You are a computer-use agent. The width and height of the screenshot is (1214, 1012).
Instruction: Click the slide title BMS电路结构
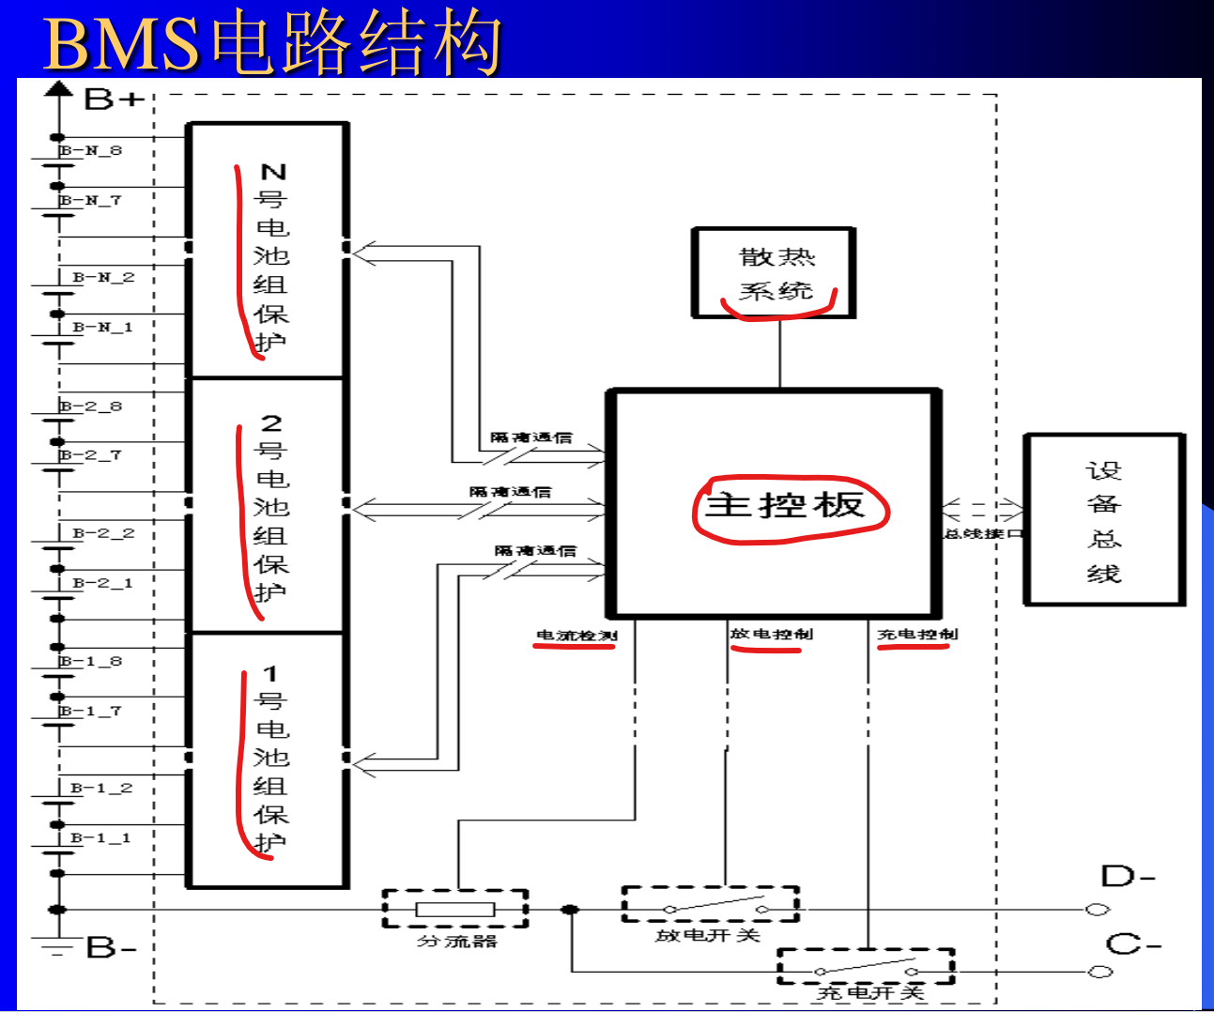pos(271,42)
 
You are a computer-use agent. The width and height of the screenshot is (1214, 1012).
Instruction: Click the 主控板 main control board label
pos(784,505)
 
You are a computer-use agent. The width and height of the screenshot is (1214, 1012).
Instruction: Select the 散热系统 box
pos(774,273)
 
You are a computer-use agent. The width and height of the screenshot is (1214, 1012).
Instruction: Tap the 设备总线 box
pos(1103,520)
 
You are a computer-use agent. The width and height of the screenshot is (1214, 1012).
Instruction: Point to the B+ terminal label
pos(114,99)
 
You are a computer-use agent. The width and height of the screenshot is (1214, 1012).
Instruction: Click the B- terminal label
pos(111,947)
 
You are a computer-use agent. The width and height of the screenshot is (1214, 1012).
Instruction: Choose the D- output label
pos(1128,877)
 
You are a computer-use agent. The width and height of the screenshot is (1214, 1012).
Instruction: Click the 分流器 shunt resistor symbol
pos(455,909)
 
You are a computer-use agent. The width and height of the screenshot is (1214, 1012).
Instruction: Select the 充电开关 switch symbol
pos(866,967)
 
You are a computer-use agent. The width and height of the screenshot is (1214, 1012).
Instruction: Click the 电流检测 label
pos(576,636)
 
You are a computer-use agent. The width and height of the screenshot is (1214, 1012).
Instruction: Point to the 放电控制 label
pos(771,634)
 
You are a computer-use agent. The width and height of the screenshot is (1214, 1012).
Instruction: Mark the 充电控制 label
pos(917,634)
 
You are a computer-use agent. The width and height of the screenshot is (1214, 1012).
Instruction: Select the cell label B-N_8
pos(91,150)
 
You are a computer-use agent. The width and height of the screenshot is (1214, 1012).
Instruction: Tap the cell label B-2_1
pos(102,583)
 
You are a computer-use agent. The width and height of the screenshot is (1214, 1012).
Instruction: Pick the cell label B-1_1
pos(100,837)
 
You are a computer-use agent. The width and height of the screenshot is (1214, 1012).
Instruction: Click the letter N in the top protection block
pos(272,172)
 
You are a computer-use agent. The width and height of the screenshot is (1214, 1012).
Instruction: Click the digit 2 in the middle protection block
pos(270,422)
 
